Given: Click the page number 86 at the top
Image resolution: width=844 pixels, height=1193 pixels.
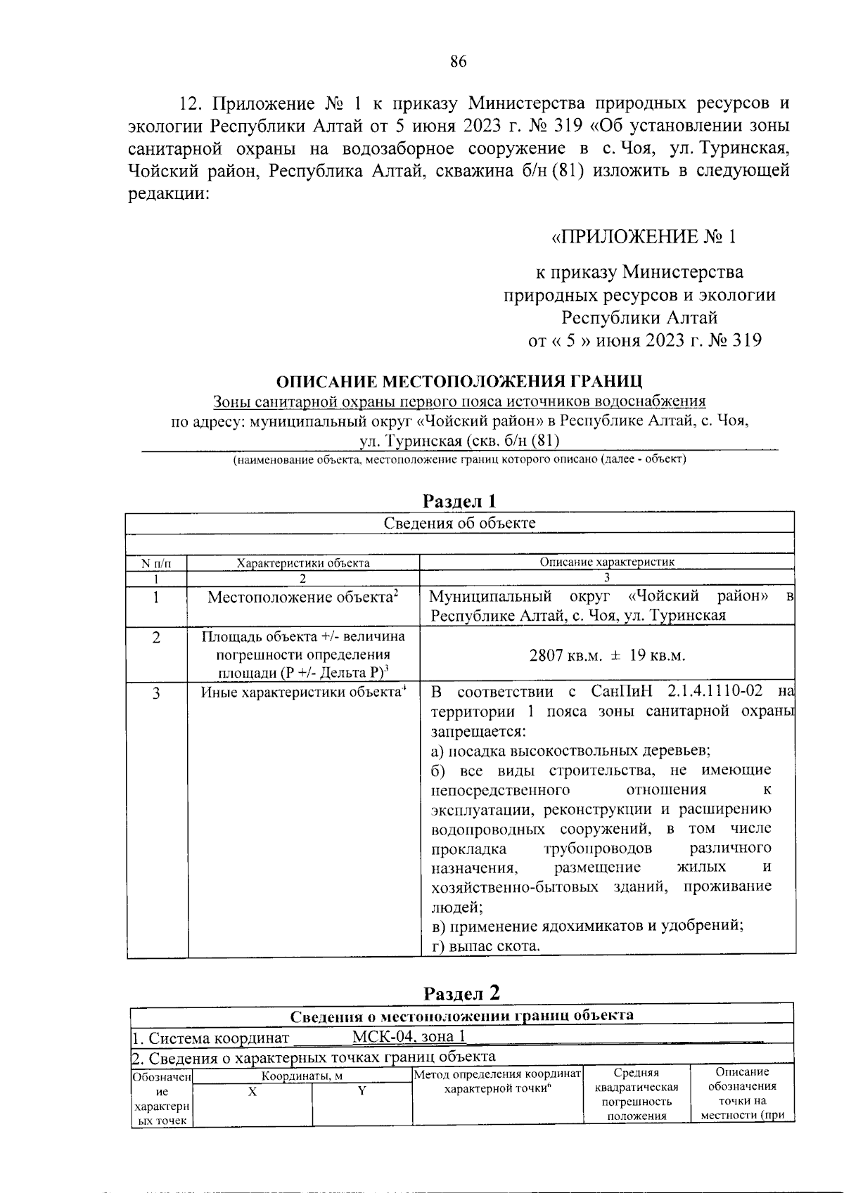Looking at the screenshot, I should [x=459, y=61].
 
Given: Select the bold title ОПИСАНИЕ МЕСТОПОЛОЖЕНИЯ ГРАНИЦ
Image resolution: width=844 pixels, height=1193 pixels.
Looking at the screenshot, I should [x=459, y=382].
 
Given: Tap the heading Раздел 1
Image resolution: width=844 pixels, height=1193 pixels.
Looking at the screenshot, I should [x=459, y=501].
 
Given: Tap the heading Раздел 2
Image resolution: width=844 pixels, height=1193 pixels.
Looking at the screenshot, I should [x=462, y=993].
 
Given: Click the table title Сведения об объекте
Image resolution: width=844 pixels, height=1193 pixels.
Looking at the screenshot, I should [x=459, y=523].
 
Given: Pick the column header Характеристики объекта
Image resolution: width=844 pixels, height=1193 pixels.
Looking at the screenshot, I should [x=303, y=562].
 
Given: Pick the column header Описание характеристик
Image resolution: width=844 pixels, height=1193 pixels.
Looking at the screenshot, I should [x=606, y=562].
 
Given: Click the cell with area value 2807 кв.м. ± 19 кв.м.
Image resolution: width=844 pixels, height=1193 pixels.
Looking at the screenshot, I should [x=607, y=655].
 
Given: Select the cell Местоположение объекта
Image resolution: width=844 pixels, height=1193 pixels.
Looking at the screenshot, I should [x=303, y=598].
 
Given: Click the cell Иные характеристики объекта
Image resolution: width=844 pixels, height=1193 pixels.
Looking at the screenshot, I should [x=303, y=692].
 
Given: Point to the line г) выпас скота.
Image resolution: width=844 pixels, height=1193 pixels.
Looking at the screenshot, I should [x=485, y=946].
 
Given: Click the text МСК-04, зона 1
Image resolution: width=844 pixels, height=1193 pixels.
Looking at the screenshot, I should [x=408, y=1037].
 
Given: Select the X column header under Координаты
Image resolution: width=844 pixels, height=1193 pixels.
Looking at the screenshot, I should [x=252, y=1092].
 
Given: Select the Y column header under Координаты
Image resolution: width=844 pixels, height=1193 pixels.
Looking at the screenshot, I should [x=362, y=1092].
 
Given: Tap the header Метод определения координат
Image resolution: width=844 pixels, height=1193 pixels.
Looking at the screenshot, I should [x=497, y=1074].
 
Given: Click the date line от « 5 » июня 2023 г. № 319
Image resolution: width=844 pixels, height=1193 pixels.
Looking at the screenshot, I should [x=644, y=341].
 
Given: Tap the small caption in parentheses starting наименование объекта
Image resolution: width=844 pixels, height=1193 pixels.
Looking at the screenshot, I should [x=459, y=460].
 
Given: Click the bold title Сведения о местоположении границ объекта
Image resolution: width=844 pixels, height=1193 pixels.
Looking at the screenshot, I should [x=461, y=1015].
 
